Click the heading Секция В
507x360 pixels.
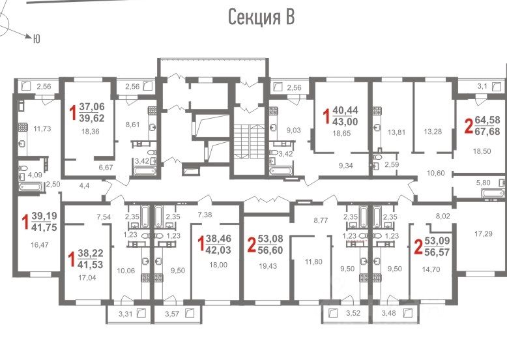pyautogui.click(x=261, y=17)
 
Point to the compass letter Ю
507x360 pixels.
pyautogui.click(x=36, y=39)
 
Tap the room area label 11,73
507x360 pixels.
pyautogui.click(x=42, y=128)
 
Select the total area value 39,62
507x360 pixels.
pyautogui.click(x=92, y=118)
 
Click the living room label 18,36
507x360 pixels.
pyautogui.click(x=90, y=132)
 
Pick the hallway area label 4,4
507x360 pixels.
pyautogui.click(x=84, y=186)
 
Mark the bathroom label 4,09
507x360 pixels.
pyautogui.click(x=35, y=175)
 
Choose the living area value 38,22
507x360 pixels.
pyautogui.click(x=90, y=253)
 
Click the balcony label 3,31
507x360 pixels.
pyautogui.click(x=126, y=314)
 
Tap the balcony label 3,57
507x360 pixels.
pyautogui.click(x=172, y=314)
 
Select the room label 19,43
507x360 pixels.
pyautogui.click(x=268, y=266)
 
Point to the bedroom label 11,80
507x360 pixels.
pyautogui.click(x=313, y=262)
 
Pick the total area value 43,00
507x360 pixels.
pyautogui.click(x=345, y=121)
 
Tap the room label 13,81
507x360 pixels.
pyautogui.click(x=396, y=132)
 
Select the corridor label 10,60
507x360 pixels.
pyautogui.click(x=435, y=173)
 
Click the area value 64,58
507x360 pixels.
pyautogui.click(x=487, y=120)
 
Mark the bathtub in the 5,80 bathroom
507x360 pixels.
pyautogui.click(x=493, y=193)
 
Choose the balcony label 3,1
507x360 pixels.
pyautogui.click(x=482, y=86)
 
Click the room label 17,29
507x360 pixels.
pyautogui.click(x=484, y=233)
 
